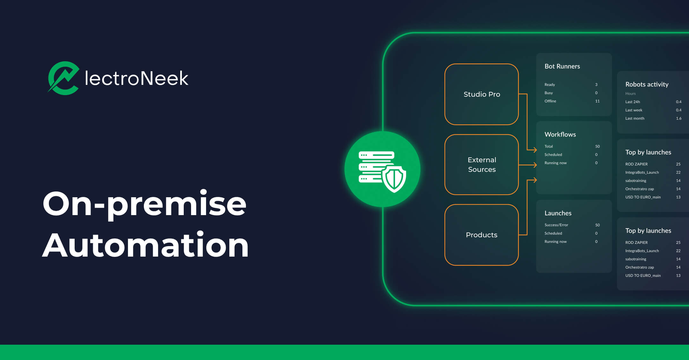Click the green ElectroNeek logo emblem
64,78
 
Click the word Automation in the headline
145,245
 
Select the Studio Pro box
481,94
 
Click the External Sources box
481,164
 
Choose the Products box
481,235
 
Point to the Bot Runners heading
562,66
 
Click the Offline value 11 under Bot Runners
597,101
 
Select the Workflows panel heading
560,134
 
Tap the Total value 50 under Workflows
597,146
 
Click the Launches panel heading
558,213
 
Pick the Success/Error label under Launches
556,225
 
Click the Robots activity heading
647,84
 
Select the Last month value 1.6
678,118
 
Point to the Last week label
633,110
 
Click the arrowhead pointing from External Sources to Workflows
535,165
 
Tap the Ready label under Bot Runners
550,85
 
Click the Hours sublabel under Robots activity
630,94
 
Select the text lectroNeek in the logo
137,78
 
